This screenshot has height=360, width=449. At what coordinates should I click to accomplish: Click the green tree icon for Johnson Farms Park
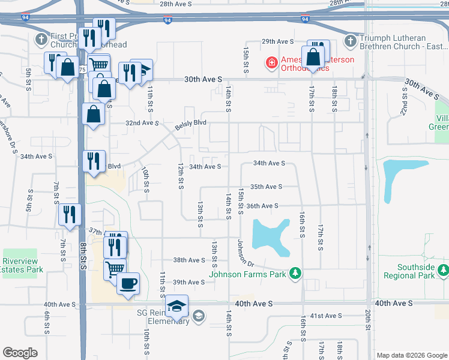point(294,274)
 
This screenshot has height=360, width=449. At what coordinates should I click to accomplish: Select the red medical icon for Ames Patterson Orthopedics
point(271,62)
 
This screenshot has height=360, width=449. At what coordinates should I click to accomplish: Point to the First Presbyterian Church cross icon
point(41,40)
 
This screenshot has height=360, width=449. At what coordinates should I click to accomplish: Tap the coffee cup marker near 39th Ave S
point(128,283)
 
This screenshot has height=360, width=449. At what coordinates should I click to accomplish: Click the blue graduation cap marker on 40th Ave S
point(176,306)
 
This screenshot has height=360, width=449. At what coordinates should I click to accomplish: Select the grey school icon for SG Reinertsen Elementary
point(199,316)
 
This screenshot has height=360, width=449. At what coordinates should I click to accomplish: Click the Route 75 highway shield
point(82,70)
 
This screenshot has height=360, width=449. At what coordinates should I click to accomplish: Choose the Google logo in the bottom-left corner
point(20,352)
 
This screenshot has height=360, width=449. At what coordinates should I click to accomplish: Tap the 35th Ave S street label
point(266,187)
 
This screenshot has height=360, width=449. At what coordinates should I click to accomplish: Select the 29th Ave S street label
point(277,41)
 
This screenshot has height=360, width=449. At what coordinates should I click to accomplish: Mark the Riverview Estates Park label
point(21,266)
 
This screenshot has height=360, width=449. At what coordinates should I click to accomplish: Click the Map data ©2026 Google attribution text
point(412,355)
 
